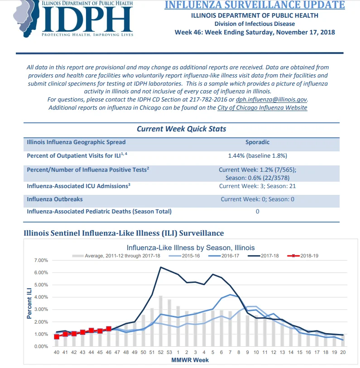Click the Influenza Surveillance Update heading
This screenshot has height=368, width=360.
[x=254, y=5]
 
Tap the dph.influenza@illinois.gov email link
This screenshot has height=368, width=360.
[x=271, y=100]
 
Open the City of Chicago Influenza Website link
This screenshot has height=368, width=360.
[x=262, y=108]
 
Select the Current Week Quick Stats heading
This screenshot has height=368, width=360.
[x=181, y=129]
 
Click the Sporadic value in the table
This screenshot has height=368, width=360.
[x=257, y=142]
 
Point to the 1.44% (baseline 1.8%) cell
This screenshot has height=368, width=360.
[x=258, y=156]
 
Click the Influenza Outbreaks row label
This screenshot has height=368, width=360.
[x=55, y=199]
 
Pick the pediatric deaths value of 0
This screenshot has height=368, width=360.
[x=257, y=212]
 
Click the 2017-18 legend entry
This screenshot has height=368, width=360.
[x=263, y=256]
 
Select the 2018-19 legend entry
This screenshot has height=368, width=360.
[x=302, y=256]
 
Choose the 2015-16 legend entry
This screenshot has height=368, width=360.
[x=184, y=256]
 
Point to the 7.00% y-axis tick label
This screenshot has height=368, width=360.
[x=41, y=260]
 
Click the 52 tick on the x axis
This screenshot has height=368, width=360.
[x=161, y=352]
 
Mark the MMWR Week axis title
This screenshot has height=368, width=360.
[x=190, y=360]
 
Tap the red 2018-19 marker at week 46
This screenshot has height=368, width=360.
[x=109, y=329]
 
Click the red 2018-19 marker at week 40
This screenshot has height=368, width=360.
[x=57, y=337]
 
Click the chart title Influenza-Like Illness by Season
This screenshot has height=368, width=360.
[x=191, y=248]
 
